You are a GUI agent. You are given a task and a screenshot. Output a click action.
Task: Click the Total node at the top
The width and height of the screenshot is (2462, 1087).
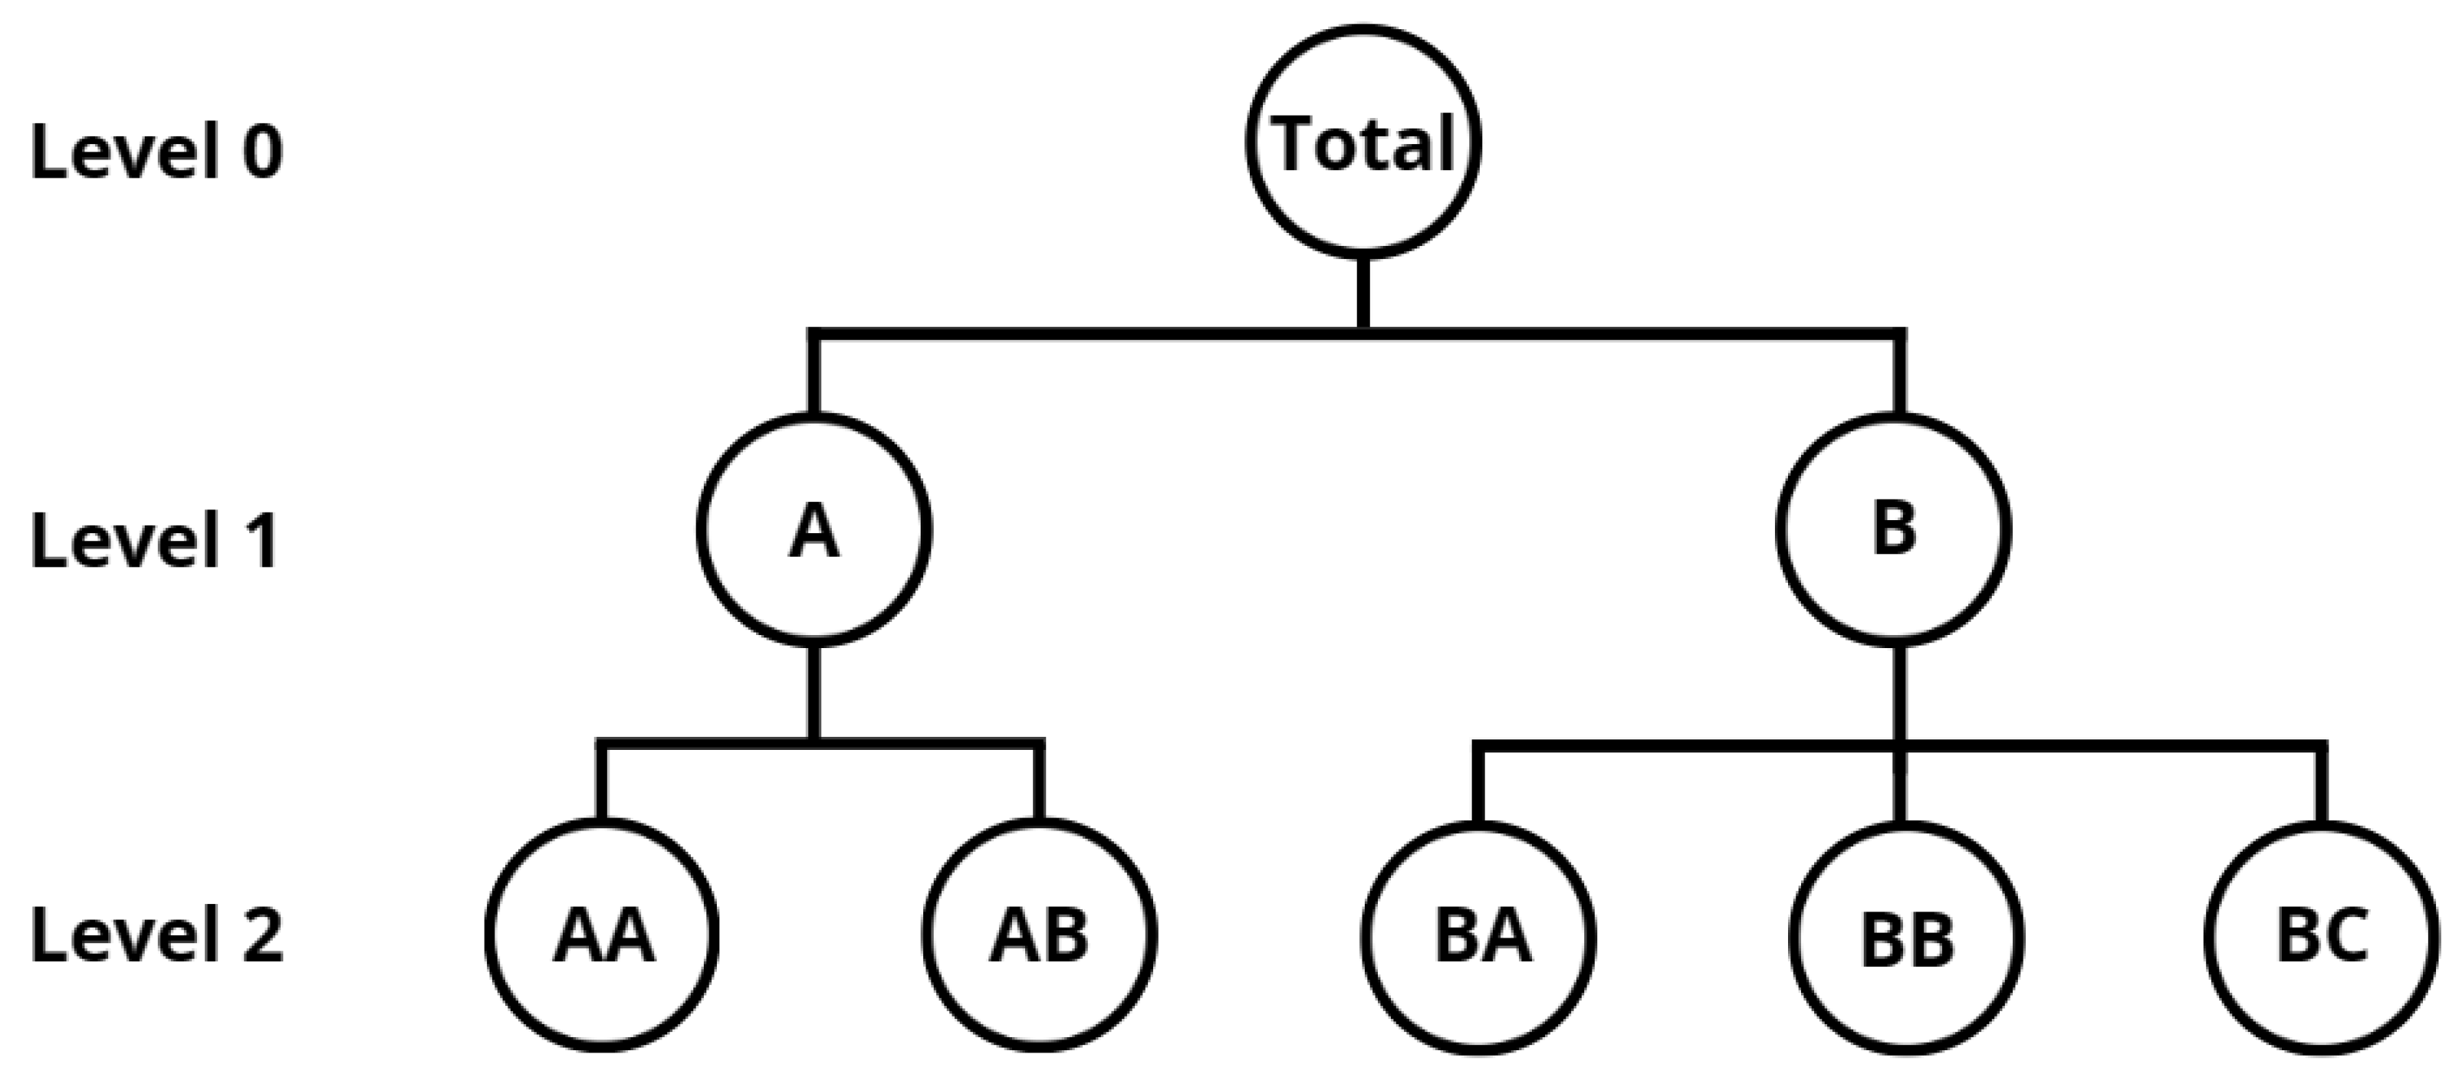(x=1364, y=142)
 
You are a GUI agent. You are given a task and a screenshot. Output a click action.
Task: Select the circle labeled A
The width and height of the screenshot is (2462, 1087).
(x=814, y=530)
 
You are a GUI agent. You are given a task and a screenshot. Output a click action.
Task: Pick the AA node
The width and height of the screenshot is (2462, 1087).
(x=602, y=936)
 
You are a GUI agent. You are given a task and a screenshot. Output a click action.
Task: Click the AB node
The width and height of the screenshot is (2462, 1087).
(x=1040, y=936)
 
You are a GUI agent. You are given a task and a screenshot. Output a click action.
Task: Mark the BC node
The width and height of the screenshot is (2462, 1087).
(x=2322, y=936)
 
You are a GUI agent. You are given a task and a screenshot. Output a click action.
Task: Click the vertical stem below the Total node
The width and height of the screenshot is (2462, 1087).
(x=1364, y=294)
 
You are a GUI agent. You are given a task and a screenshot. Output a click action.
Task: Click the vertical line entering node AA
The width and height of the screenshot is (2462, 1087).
(x=602, y=783)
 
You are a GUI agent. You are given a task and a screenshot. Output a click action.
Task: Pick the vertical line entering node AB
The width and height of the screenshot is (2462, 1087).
(x=1040, y=783)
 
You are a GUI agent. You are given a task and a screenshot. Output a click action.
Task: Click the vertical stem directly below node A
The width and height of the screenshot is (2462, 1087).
(x=814, y=692)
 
